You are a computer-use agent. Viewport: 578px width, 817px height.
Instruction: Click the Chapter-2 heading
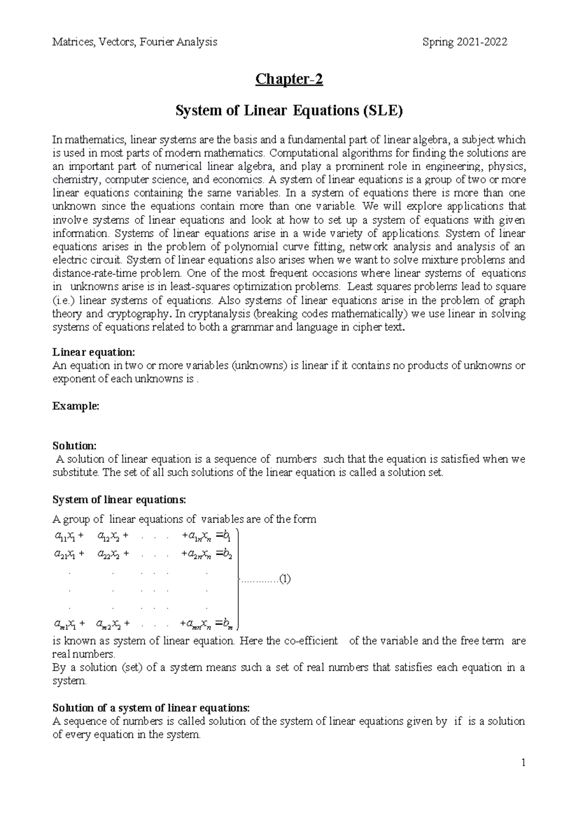click(289, 79)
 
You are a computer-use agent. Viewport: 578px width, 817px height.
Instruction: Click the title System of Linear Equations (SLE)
click(289, 111)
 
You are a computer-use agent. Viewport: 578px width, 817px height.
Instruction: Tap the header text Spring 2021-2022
click(465, 42)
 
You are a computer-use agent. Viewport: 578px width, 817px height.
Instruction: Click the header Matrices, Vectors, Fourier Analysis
click(134, 42)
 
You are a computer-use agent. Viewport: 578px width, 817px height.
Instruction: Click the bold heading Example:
click(76, 406)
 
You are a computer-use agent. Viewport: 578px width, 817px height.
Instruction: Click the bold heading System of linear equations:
click(118, 499)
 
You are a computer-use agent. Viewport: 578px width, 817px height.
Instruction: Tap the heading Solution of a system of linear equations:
click(151, 708)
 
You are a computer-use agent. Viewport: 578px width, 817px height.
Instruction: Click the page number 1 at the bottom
click(523, 763)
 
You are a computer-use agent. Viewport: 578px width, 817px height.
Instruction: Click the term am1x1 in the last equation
click(65, 625)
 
